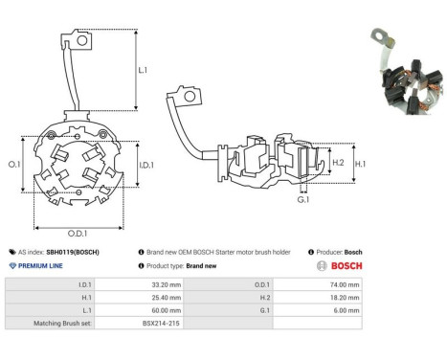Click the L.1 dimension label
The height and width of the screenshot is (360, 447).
click(143, 70)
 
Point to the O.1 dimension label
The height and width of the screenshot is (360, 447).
click(14, 166)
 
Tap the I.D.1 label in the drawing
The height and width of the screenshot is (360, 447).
click(147, 167)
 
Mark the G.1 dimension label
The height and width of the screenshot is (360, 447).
click(303, 200)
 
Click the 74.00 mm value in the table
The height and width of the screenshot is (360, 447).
click(343, 284)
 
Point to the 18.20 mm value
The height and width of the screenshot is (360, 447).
click(343, 298)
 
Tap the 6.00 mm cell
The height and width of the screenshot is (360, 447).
click(345, 311)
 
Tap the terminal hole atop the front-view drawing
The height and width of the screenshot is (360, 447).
click(83, 40)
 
